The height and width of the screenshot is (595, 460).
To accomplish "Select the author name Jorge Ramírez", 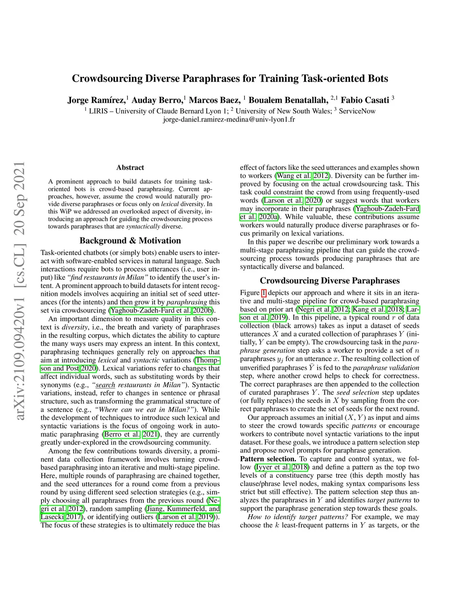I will (x=96, y=100).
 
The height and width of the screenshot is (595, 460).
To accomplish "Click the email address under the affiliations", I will (x=229, y=119).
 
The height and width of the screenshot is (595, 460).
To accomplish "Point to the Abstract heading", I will (x=130, y=167).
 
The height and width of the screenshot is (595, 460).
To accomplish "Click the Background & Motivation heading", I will (x=130, y=241).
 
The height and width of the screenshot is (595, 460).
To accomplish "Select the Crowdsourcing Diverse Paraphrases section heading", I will (x=329, y=281).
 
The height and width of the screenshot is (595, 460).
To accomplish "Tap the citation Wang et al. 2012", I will (x=302, y=176).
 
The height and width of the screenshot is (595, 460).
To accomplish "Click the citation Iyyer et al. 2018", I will (x=281, y=467).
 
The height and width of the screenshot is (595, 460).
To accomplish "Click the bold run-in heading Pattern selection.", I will (x=268, y=459).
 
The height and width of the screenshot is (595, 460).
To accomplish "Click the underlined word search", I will (x=106, y=385).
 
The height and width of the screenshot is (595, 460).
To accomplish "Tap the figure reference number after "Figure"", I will (x=264, y=293).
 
